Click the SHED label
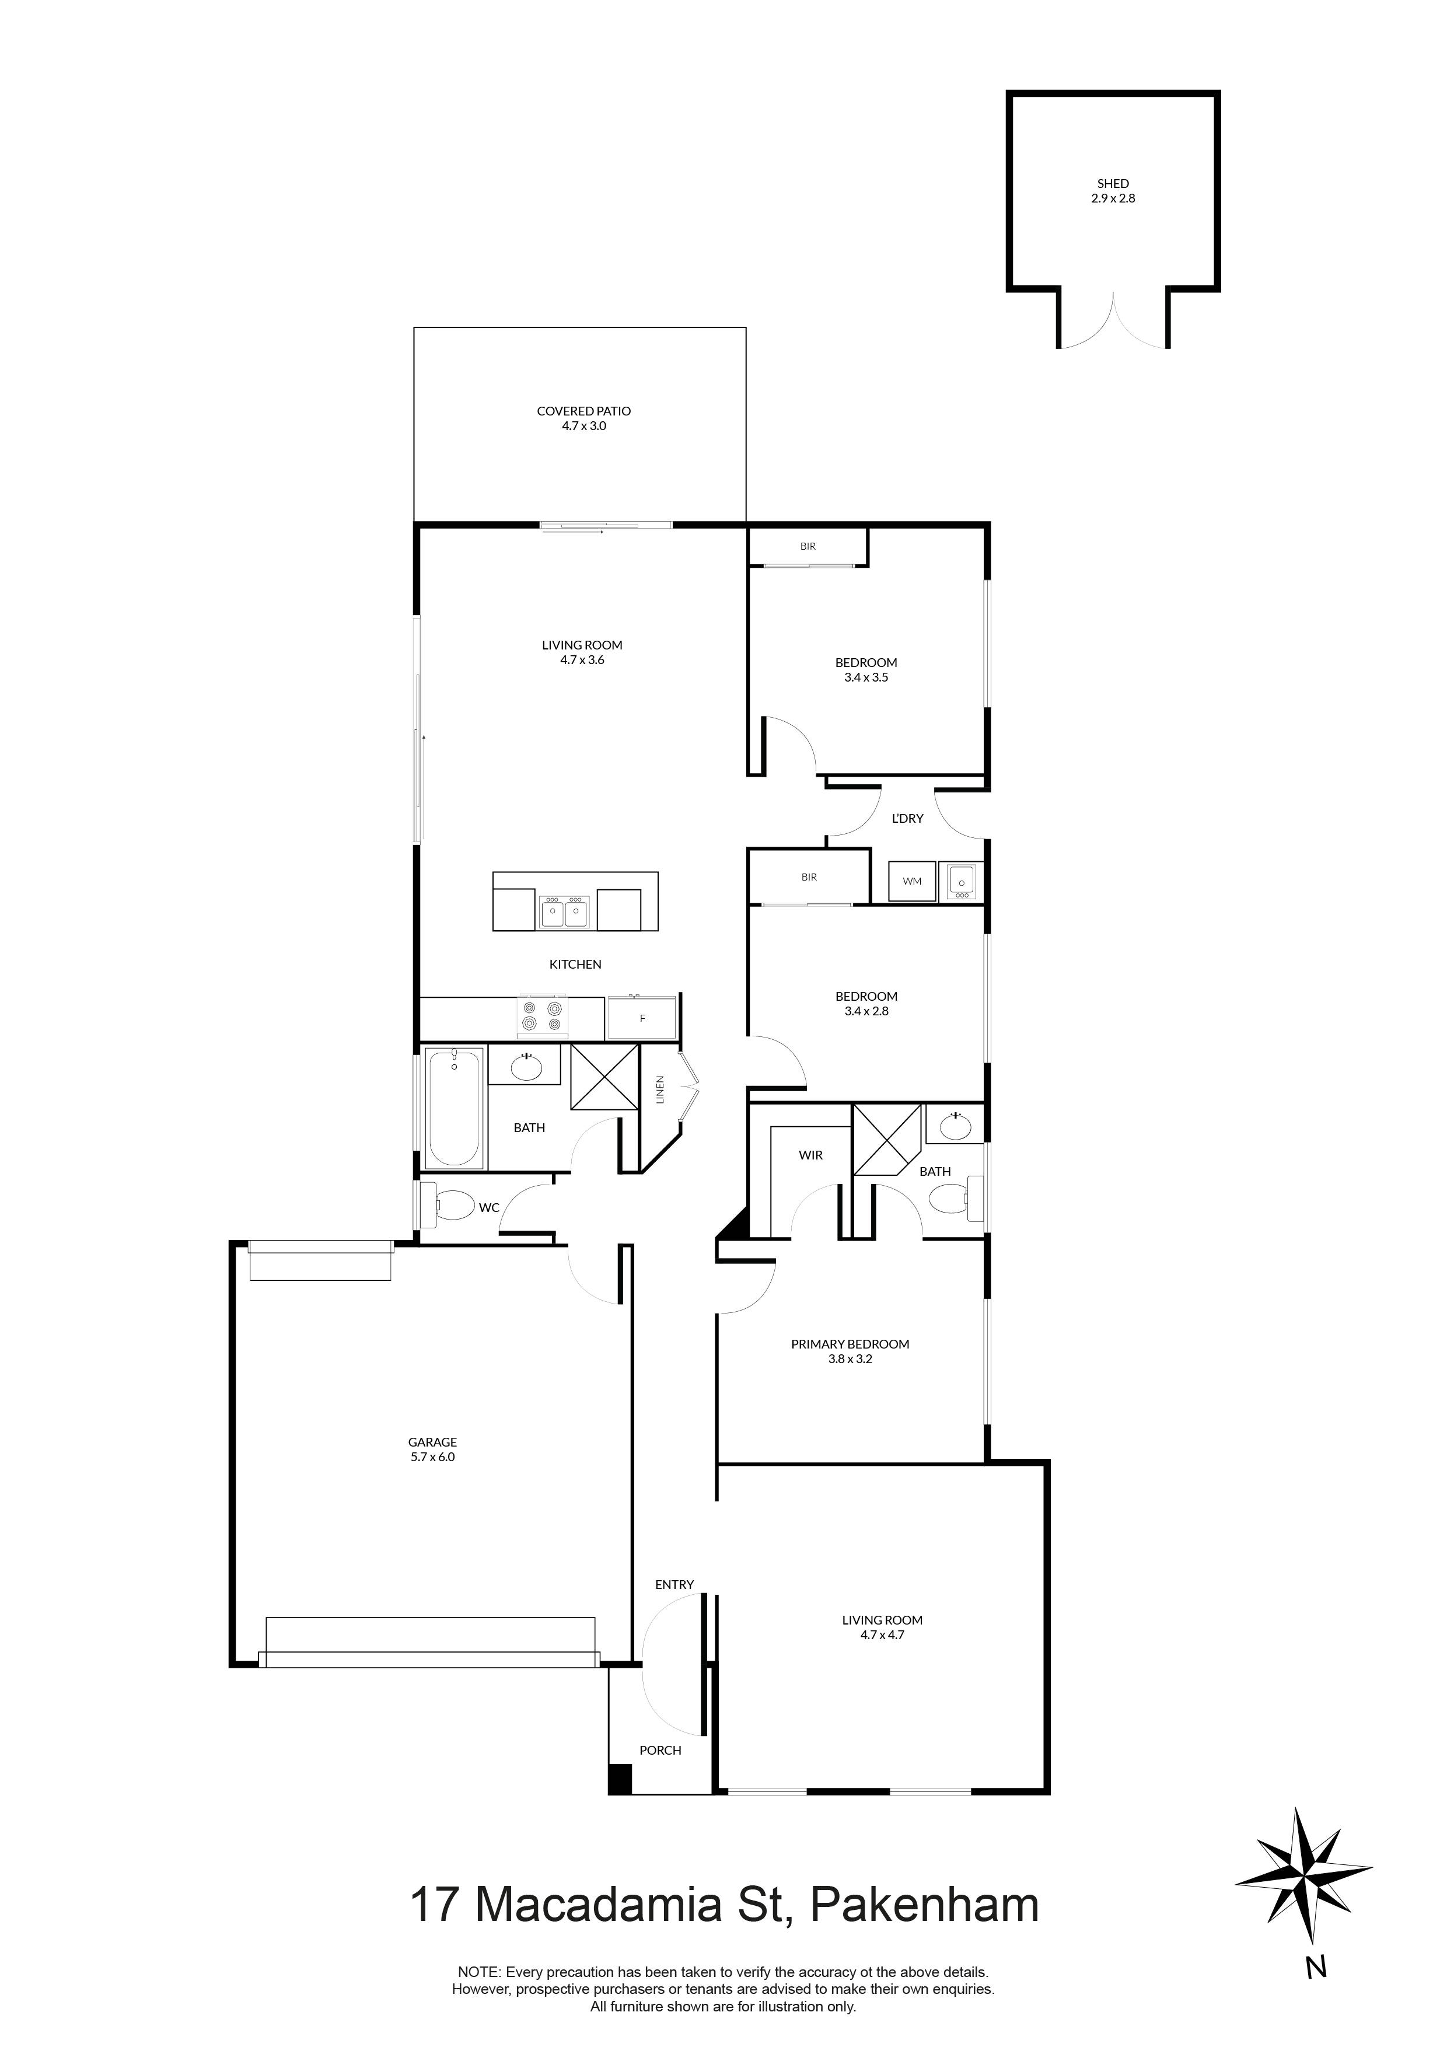pyautogui.click(x=1113, y=184)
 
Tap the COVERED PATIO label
pyautogui.click(x=584, y=411)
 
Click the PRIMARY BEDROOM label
pyautogui.click(x=850, y=1344)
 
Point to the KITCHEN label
pyautogui.click(x=575, y=965)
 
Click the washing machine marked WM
pyautogui.click(x=912, y=882)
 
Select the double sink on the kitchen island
pyautogui.click(x=564, y=911)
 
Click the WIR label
pyautogui.click(x=810, y=1155)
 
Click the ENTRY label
pyautogui.click(x=674, y=1584)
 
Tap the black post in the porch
pyautogui.click(x=620, y=1779)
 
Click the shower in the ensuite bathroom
pyautogui.click(x=887, y=1140)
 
